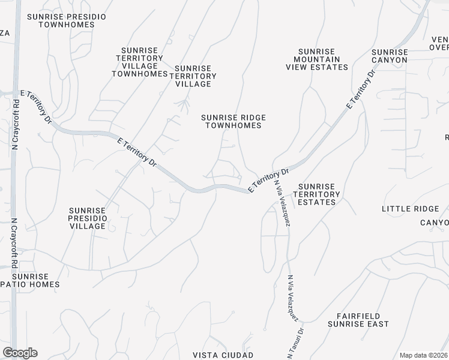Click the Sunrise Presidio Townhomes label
click(x=67, y=20)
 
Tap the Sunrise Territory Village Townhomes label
click(x=142, y=62)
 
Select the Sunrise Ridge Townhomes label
click(x=234, y=121)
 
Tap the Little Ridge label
click(x=411, y=209)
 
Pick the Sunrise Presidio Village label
click(x=88, y=218)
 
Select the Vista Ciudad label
click(x=223, y=355)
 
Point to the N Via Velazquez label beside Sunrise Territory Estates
click(x=284, y=204)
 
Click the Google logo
click(x=20, y=353)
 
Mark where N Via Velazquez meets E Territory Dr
click(x=274, y=173)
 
